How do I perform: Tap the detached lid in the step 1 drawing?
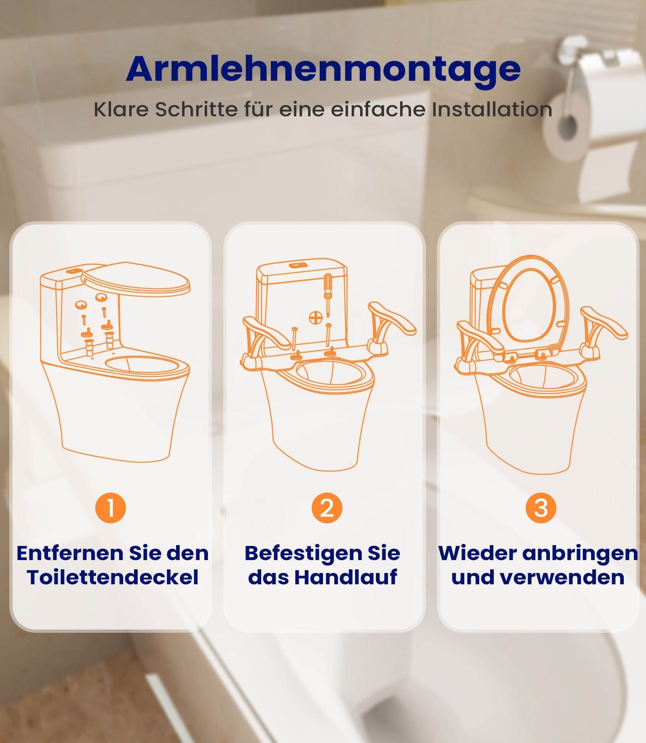pyautogui.click(x=136, y=279)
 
